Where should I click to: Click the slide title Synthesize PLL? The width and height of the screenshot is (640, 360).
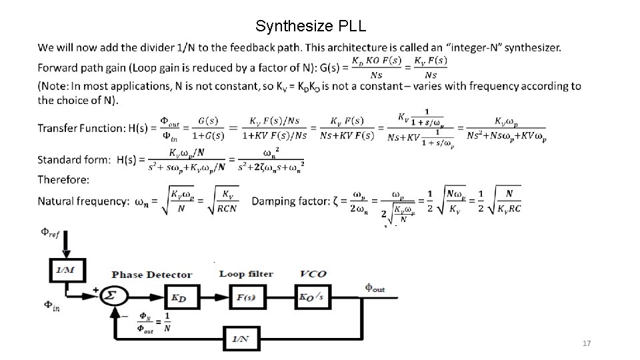tap(310, 27)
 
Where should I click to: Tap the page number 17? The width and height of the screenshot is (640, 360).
tap(587, 343)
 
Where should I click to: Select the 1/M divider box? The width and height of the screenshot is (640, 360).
tap(67, 270)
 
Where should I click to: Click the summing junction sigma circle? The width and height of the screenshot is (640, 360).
tap(113, 296)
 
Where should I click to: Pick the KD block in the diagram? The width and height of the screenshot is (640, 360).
tap(178, 297)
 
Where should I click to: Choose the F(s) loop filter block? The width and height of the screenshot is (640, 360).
tap(246, 297)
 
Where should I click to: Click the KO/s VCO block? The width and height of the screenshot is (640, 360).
tap(313, 297)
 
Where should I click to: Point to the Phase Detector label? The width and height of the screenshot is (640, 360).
tap(152, 275)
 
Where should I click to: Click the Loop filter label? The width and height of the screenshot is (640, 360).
tap(246, 274)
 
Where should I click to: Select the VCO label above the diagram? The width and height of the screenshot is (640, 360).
tap(313, 274)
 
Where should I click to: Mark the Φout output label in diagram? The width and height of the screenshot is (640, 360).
tap(375, 288)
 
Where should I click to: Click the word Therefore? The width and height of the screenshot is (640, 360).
tap(63, 179)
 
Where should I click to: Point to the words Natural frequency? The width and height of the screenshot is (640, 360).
tap(83, 201)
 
